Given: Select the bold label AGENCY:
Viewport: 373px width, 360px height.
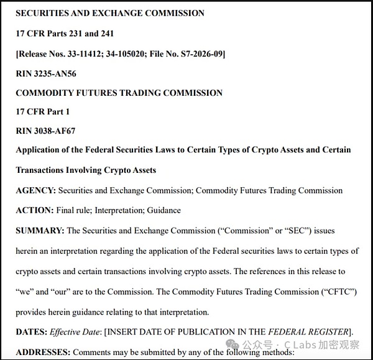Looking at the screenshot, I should (x=35, y=190).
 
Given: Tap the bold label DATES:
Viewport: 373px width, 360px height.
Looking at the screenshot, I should (x=32, y=332).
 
